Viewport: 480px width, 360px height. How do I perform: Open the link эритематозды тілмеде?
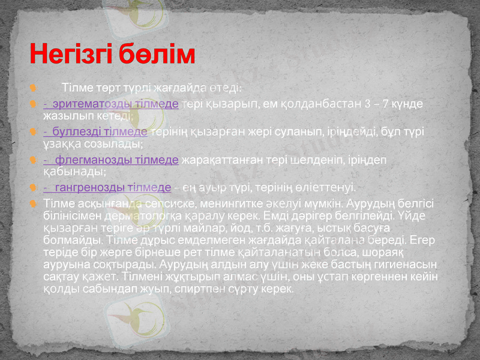click(x=111, y=104)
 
